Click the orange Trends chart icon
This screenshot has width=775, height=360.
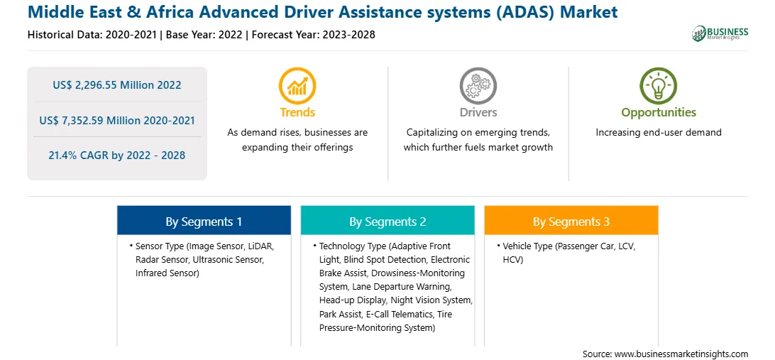[x=297, y=85]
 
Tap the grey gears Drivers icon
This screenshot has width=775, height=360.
[x=478, y=85]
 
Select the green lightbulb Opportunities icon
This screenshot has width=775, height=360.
[x=659, y=85]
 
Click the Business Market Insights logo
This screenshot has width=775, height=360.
[x=720, y=33]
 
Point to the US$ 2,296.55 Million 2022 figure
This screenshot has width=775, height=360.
[x=117, y=85]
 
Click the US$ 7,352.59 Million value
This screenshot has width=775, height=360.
[x=90, y=120]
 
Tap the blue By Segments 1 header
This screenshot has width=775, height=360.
[x=204, y=221]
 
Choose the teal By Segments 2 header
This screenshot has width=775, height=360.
[x=387, y=221]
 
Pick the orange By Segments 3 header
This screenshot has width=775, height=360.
[x=571, y=221]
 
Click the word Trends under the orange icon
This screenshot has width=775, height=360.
[x=297, y=112]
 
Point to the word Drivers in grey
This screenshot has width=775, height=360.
[x=478, y=112]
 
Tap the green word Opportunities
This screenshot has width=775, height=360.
[x=659, y=112]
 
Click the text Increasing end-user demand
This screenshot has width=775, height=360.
[x=659, y=133]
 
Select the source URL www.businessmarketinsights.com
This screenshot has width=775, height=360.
[x=681, y=354]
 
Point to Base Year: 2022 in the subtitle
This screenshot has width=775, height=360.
[x=204, y=35]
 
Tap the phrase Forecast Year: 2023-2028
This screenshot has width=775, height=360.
[x=314, y=35]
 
